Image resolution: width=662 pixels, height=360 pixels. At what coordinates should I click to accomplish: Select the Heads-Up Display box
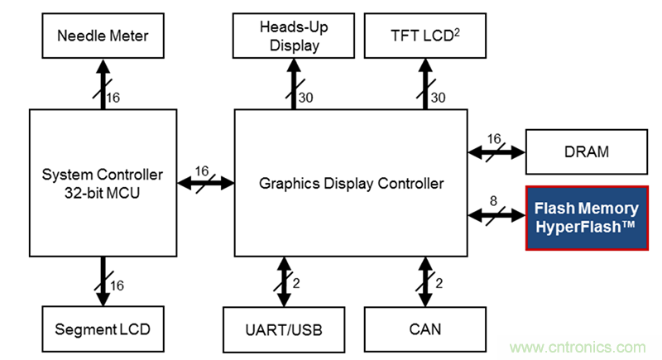coord(294,36)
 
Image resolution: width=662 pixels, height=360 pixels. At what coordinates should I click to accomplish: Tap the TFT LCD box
coord(425,36)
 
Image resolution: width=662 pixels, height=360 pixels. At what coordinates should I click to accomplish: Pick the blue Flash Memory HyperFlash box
coord(586,218)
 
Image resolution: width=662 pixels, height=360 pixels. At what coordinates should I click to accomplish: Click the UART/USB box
coord(283,329)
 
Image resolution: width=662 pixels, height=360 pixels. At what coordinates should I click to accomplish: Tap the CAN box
coord(425,329)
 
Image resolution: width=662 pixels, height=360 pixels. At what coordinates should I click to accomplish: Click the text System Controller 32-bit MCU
coord(103,184)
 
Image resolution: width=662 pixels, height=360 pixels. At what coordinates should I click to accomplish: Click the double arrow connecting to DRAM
coord(496,151)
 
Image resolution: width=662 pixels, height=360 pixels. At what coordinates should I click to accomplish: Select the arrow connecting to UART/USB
coord(284,282)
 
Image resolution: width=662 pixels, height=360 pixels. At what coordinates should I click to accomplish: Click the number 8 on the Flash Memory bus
coord(493,200)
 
